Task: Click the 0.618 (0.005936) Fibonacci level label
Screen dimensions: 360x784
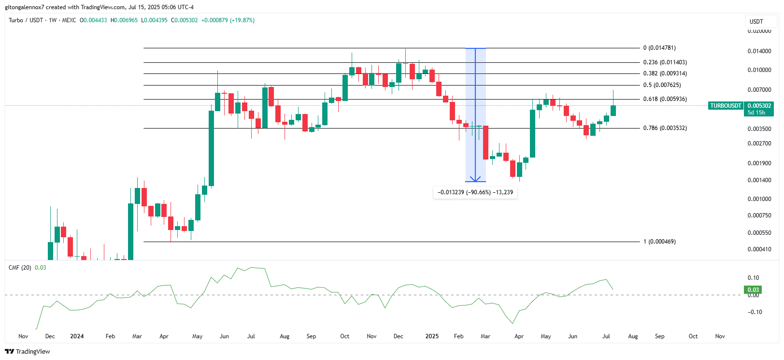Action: pyautogui.click(x=665, y=99)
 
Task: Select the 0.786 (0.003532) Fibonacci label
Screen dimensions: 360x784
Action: pyautogui.click(x=665, y=128)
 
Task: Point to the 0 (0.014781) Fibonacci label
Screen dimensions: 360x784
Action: pyautogui.click(x=659, y=48)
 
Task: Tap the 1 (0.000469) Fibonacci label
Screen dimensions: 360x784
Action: pyautogui.click(x=659, y=242)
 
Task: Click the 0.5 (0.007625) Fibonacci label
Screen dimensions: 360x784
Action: pyautogui.click(x=662, y=85)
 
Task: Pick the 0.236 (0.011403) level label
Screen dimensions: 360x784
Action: pyautogui.click(x=665, y=62)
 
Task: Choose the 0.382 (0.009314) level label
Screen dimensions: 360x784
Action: pyautogui.click(x=665, y=73)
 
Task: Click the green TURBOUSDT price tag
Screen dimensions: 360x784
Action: pyautogui.click(x=726, y=106)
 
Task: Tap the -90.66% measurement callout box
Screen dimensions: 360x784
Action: pyautogui.click(x=475, y=192)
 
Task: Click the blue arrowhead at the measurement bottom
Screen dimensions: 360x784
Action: pyautogui.click(x=475, y=179)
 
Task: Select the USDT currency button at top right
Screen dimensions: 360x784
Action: pyautogui.click(x=756, y=21)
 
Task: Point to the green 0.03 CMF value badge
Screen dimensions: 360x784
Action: pyautogui.click(x=753, y=290)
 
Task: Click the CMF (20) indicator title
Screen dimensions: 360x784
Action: pyautogui.click(x=20, y=268)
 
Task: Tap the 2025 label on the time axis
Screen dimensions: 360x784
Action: pyautogui.click(x=432, y=336)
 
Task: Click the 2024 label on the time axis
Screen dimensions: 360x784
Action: pyautogui.click(x=77, y=336)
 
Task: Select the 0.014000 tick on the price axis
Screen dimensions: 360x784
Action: pyautogui.click(x=759, y=51)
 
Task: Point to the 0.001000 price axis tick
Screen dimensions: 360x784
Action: pyautogui.click(x=759, y=199)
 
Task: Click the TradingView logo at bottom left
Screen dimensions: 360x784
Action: pyautogui.click(x=28, y=352)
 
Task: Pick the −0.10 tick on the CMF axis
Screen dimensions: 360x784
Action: pyautogui.click(x=755, y=312)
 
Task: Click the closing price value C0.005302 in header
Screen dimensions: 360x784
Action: pyautogui.click(x=185, y=20)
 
